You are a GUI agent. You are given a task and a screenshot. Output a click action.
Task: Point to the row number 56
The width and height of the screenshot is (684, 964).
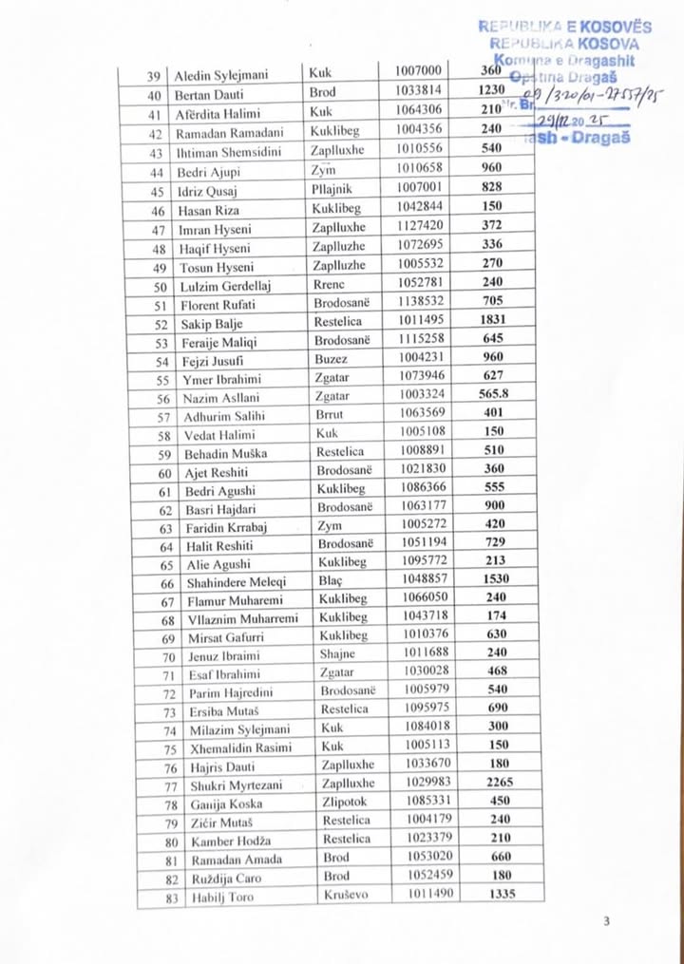point(163,399)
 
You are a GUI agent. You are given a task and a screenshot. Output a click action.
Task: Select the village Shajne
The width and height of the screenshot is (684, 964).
point(337,654)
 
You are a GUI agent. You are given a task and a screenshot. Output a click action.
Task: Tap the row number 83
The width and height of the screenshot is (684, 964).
point(163,898)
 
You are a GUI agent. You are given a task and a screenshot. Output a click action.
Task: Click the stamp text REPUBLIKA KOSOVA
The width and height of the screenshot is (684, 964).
point(564,43)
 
